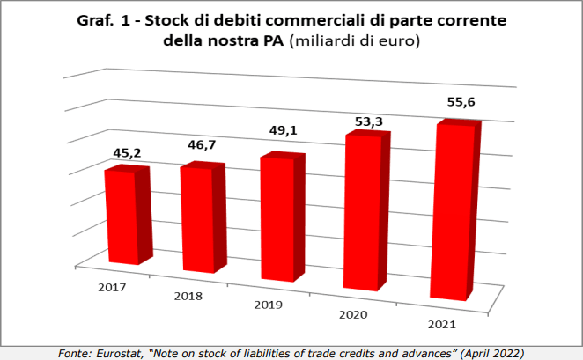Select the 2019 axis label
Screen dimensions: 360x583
click(x=267, y=305)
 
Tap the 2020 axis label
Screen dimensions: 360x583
click(x=351, y=315)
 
